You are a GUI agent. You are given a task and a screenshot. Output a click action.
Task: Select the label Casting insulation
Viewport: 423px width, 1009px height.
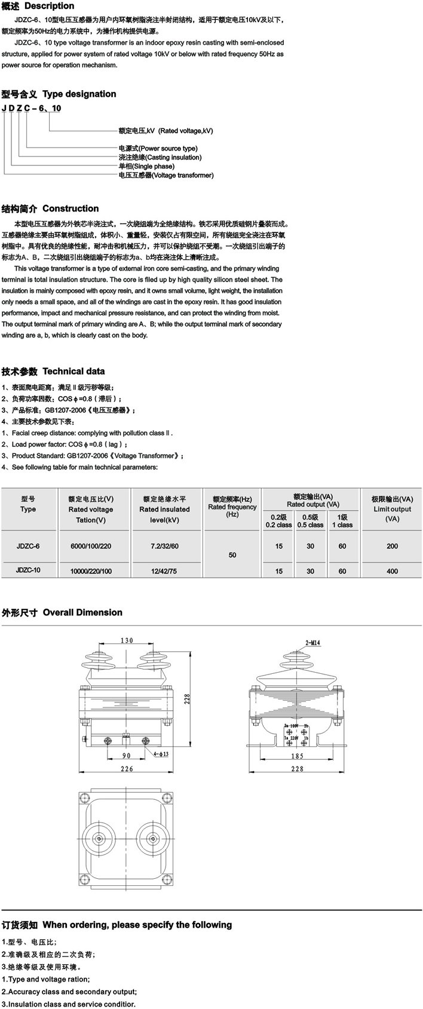[160, 157]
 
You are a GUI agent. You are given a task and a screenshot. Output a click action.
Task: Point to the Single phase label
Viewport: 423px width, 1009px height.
[146, 166]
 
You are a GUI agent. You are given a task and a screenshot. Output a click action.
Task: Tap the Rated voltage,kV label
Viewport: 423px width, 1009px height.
[165, 130]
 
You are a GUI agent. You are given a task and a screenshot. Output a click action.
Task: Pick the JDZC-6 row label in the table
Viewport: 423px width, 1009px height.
[28, 546]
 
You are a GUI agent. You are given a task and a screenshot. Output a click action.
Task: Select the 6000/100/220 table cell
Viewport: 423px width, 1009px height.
[91, 546]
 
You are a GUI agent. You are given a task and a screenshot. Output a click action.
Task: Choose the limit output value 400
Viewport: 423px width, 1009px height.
[392, 571]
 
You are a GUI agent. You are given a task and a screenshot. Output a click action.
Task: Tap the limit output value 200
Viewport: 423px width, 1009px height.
[392, 546]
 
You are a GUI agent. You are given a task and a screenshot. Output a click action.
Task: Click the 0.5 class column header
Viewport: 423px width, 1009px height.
[310, 521]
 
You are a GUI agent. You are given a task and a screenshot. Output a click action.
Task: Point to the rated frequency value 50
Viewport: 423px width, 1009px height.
[232, 555]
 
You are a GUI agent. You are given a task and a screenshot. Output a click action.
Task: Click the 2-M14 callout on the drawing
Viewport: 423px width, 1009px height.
[313, 643]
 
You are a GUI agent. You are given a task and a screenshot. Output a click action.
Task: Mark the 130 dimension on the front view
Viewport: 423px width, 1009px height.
[127, 640]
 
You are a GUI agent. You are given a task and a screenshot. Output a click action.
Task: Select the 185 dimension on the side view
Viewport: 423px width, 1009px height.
[297, 756]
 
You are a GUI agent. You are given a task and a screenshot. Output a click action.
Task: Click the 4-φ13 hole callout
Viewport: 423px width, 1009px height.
[161, 754]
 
